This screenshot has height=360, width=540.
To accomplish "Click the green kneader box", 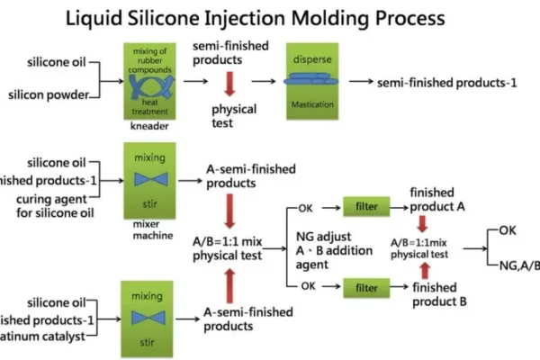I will point(151,80).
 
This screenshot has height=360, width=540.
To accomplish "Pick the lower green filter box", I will point(364,288).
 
